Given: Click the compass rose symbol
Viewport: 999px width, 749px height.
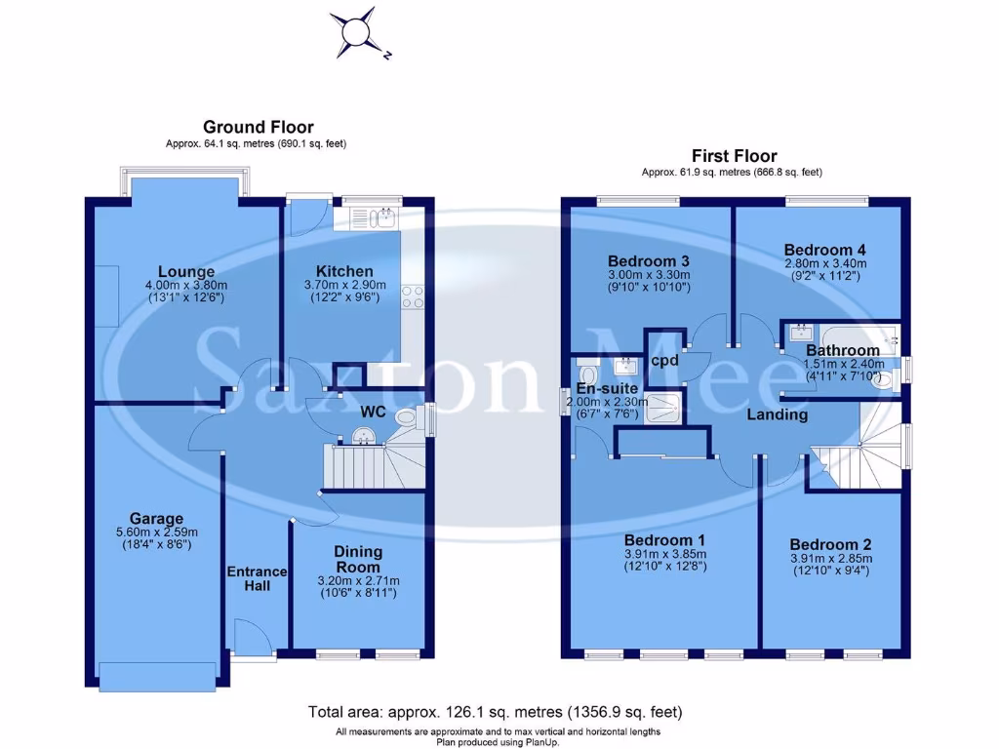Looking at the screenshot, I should (x=354, y=31).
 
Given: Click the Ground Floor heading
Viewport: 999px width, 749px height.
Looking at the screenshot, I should (x=258, y=127).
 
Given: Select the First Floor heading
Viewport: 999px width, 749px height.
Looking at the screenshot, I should (x=734, y=156).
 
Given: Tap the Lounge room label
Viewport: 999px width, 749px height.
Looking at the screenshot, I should (x=186, y=271).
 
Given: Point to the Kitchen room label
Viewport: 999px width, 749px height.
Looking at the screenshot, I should (x=343, y=271).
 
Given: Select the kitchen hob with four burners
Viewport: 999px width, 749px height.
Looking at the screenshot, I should (x=413, y=296).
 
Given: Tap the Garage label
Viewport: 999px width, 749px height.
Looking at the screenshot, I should (x=156, y=518).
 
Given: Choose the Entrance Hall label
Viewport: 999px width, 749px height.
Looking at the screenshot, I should (x=258, y=578).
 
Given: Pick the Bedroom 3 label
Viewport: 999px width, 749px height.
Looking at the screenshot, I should (x=649, y=261).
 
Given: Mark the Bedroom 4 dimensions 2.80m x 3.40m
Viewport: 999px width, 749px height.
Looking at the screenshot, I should (x=825, y=263).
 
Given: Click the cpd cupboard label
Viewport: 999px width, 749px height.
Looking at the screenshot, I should (x=665, y=360).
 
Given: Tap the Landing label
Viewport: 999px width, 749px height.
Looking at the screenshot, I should (x=778, y=414).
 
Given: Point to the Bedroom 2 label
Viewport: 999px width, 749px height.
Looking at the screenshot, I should (x=830, y=544).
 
